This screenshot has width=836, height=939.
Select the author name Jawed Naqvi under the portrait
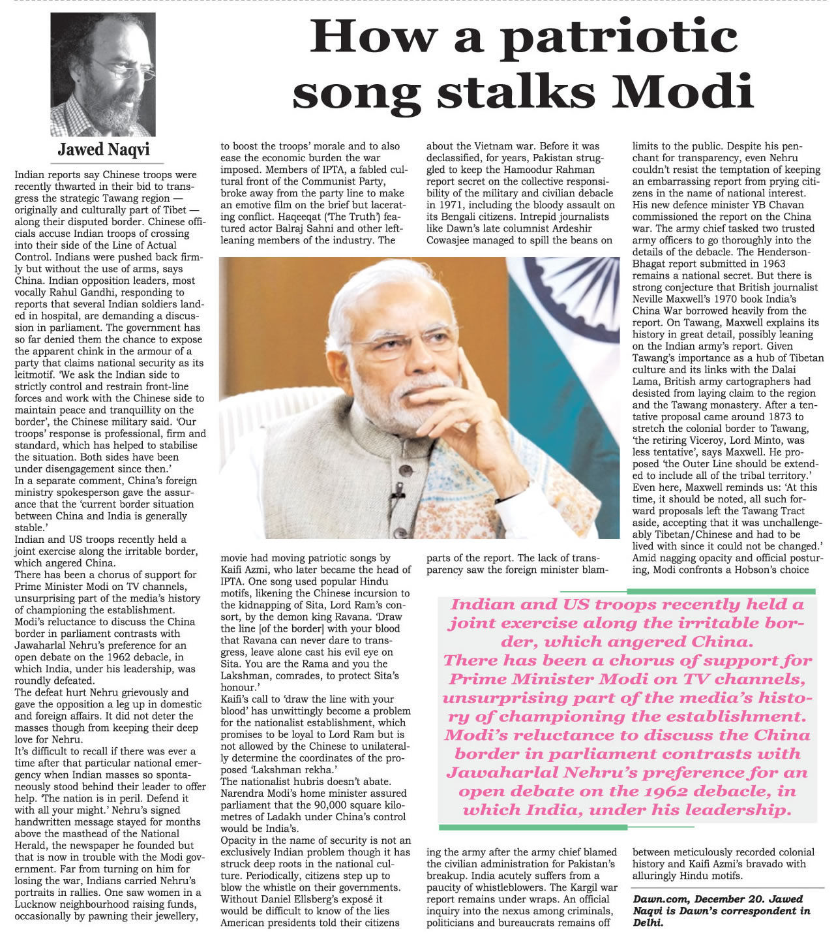[x=104, y=149]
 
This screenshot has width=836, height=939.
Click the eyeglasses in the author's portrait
[x=124, y=69]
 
